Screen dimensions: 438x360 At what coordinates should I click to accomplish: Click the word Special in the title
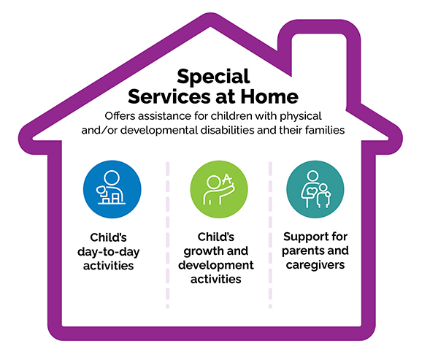point(213,77)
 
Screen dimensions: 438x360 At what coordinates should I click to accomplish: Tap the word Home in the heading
point(269,96)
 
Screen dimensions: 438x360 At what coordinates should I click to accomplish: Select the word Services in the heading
point(169,96)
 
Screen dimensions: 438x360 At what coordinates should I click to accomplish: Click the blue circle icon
point(112,189)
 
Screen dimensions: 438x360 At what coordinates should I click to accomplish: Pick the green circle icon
point(219,189)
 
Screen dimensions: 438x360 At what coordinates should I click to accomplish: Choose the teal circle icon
point(315,189)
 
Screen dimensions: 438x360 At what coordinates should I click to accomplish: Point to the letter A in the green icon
point(227,179)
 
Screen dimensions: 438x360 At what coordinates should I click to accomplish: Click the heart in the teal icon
point(311,191)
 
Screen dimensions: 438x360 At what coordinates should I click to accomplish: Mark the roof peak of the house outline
point(210,20)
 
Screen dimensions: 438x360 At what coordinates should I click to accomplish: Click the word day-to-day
point(108,252)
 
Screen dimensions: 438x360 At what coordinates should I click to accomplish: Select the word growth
point(200,251)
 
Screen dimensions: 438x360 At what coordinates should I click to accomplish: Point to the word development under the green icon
point(216,265)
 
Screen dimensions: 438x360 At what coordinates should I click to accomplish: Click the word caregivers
point(315,265)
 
